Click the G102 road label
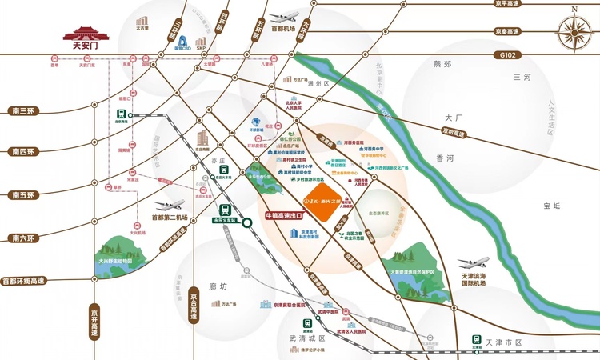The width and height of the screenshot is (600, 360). point(506,55)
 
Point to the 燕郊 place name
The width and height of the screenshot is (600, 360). point(442,63)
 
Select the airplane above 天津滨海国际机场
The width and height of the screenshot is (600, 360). point(474,263)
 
